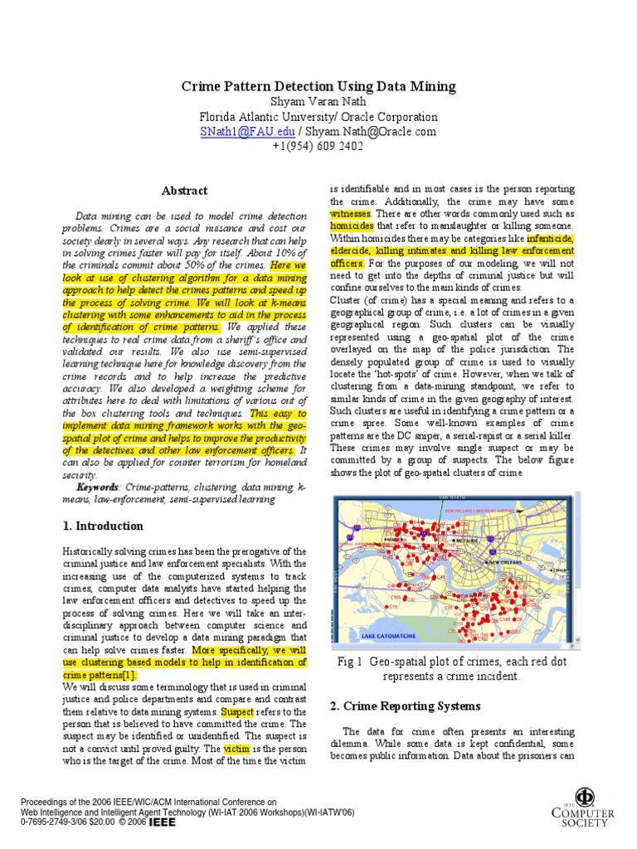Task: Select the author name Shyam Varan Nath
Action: [318, 102]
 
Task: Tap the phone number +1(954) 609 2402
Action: [318, 147]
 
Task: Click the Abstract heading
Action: [184, 191]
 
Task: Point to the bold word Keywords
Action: [97, 488]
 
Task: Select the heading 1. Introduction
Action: [103, 526]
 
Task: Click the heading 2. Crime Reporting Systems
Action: [405, 706]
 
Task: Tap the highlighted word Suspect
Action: [237, 711]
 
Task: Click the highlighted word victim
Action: [236, 749]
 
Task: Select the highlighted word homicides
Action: [352, 226]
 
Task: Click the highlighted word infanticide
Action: [550, 238]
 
